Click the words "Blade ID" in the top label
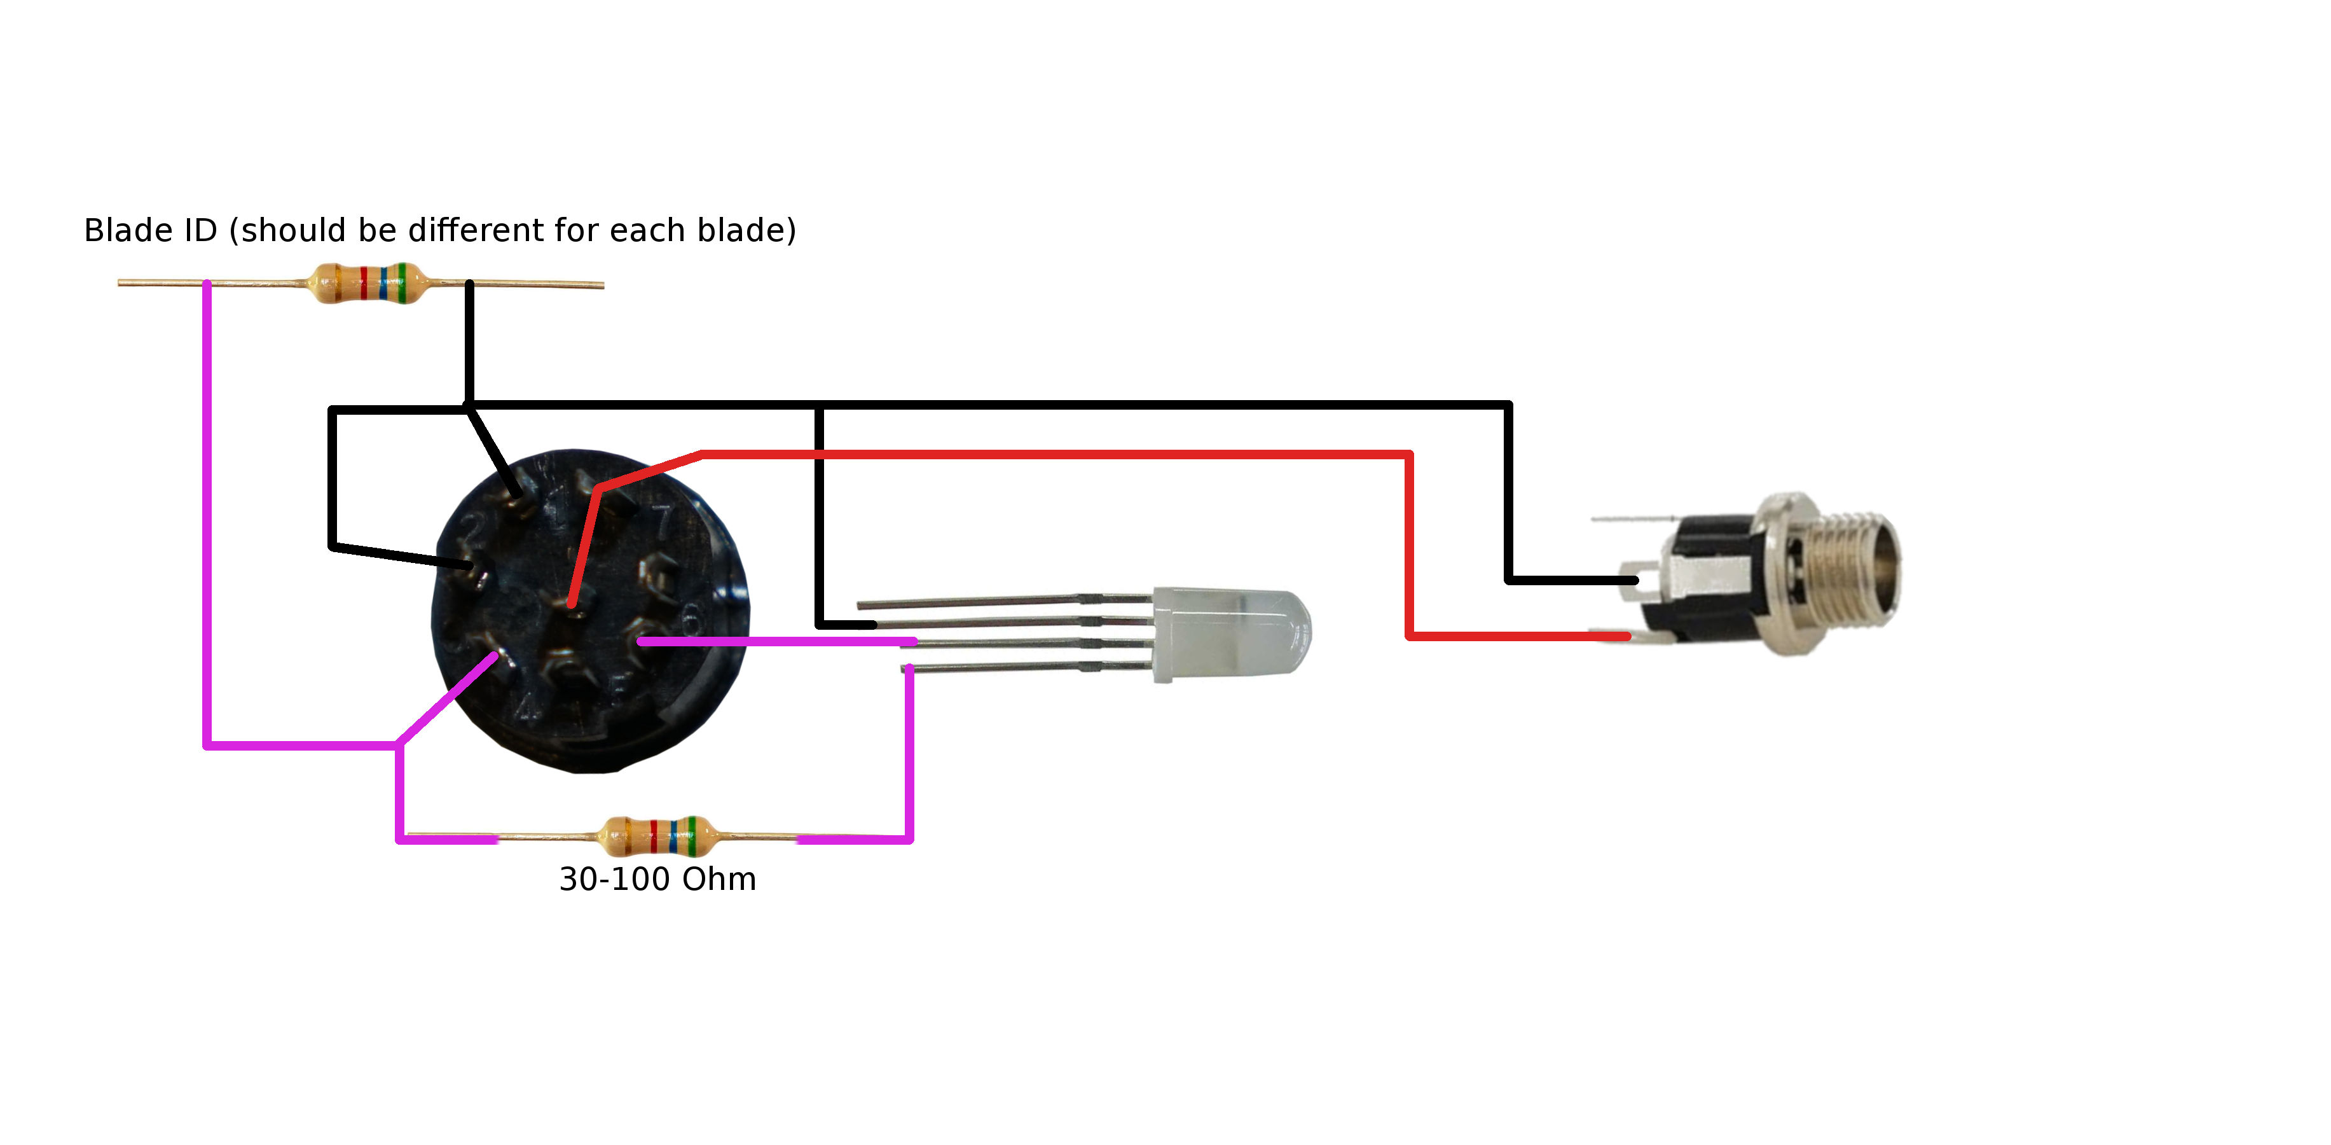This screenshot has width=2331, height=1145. point(150,231)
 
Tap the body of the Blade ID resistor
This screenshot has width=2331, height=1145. point(366,283)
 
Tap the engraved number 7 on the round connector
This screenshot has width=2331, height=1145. point(665,520)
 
